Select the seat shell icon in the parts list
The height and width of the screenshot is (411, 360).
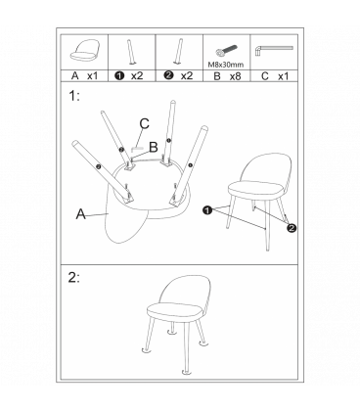(x=87, y=50)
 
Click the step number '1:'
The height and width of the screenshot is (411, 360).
(x=75, y=97)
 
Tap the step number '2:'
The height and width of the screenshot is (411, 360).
(x=75, y=276)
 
